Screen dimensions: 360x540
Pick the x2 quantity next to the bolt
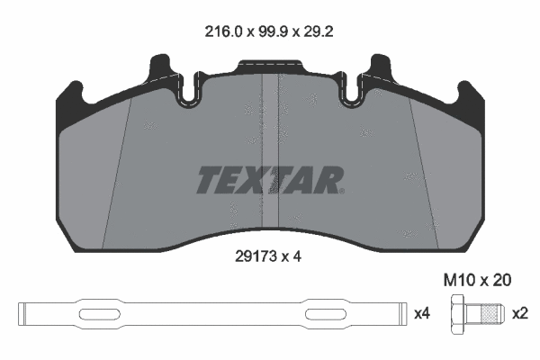pos(519,314)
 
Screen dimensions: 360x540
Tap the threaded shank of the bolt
pos(488,314)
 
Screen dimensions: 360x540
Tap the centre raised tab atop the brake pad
pos(270,67)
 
